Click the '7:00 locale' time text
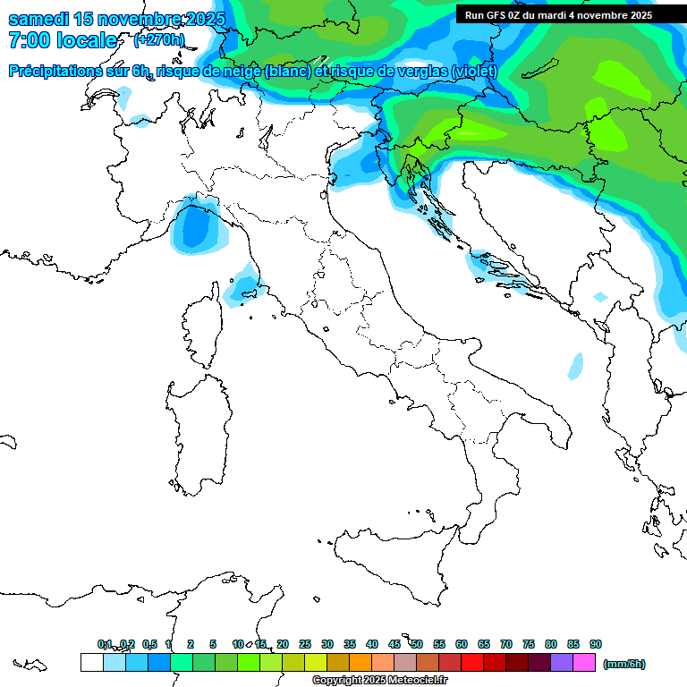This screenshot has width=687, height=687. pos(62,41)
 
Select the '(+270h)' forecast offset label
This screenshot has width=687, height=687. pos(159,40)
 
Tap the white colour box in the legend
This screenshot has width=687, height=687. pos(91,663)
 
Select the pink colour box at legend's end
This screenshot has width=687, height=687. pos(584,663)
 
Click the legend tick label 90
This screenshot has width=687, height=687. pos(596,644)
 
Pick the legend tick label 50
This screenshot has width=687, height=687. pos(417,644)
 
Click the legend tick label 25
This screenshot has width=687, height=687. pos(305,644)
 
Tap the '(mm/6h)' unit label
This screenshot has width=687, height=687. pos(624,664)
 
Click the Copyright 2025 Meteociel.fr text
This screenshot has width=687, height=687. pos(380,680)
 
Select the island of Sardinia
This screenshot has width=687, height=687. pos(197,434)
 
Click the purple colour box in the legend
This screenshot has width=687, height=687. pos(562,663)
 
